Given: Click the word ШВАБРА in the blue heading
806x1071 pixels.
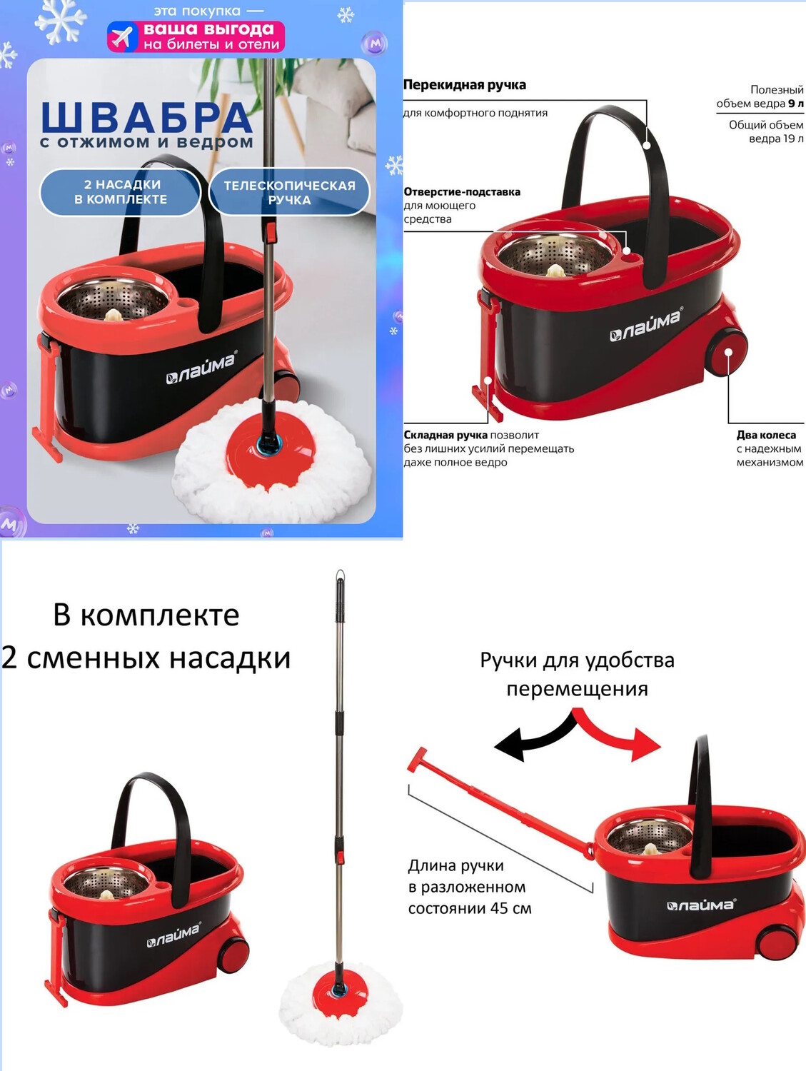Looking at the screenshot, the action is point(146,118).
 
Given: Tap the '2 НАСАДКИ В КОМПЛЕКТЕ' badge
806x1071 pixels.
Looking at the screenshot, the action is point(120,192).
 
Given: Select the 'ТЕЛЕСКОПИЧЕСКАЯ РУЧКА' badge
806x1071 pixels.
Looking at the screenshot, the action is point(289,192).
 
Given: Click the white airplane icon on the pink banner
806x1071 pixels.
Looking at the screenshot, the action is point(122,36).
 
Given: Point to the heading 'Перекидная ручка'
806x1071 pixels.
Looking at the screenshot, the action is point(465,85).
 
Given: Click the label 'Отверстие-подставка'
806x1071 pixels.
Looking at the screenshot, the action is point(462,192).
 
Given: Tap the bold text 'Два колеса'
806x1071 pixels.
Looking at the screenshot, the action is point(766,435).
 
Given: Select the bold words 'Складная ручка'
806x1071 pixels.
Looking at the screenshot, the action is point(445,435).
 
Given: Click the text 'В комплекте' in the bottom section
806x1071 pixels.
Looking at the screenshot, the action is point(146,615).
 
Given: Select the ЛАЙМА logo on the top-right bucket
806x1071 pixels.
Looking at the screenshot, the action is point(646,326).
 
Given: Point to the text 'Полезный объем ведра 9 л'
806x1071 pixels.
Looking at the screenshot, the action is point(760,96).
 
